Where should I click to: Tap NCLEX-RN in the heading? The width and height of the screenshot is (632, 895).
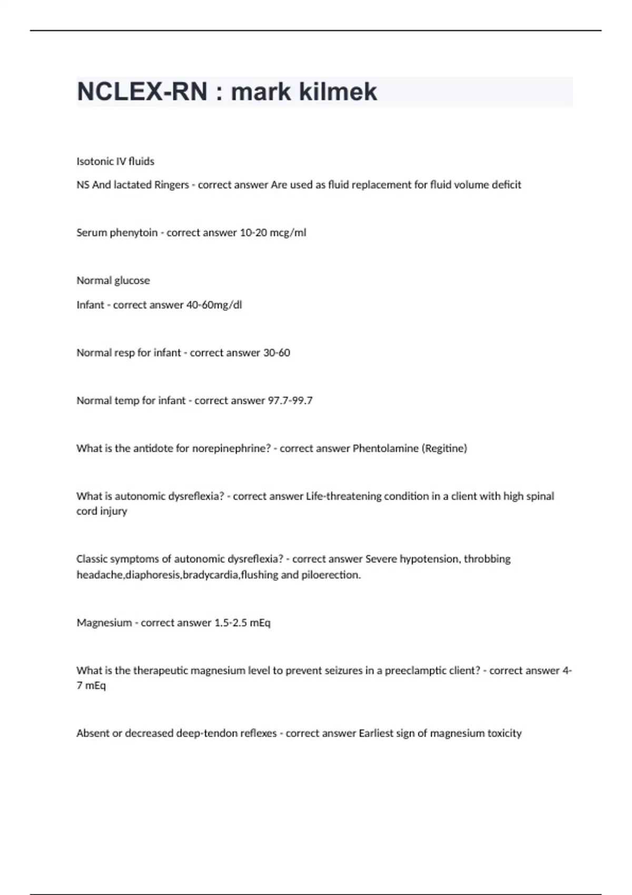tap(142, 92)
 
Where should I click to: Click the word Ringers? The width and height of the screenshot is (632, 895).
tap(171, 185)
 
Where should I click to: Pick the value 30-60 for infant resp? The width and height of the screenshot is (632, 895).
tap(276, 353)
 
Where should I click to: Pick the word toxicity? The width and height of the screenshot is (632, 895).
tap(503, 733)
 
